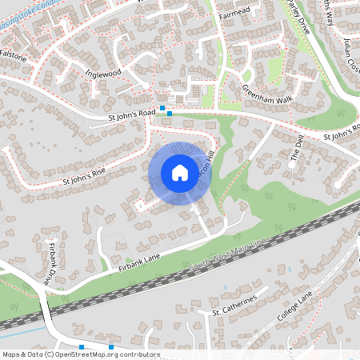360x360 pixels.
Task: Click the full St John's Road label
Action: coord(131,116)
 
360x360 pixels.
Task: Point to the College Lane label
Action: coord(296,308)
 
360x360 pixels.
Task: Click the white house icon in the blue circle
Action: coord(180,172)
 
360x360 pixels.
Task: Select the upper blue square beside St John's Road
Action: coord(162,107)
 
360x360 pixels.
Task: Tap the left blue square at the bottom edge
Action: coord(82,346)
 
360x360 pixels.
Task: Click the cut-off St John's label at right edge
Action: coord(342,131)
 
